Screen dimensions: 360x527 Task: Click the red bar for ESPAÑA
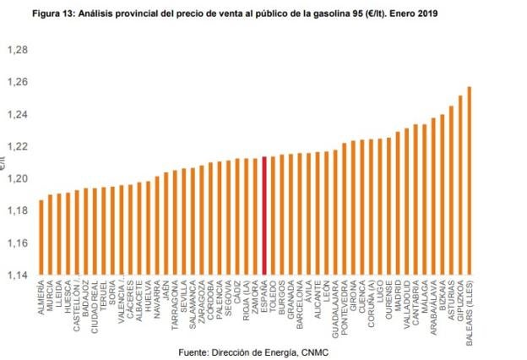[264, 215]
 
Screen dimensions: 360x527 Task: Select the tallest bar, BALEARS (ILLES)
[470, 181]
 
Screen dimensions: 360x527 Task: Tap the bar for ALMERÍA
[41, 237]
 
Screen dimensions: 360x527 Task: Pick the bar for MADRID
[398, 203]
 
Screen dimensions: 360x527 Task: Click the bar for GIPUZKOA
[460, 185]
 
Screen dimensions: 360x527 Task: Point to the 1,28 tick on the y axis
[17, 50]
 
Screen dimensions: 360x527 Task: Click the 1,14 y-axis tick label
[17, 275]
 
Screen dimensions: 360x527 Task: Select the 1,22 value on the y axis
[17, 146]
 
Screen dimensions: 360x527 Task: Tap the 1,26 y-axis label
[17, 82]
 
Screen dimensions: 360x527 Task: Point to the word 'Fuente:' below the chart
[198, 350]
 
